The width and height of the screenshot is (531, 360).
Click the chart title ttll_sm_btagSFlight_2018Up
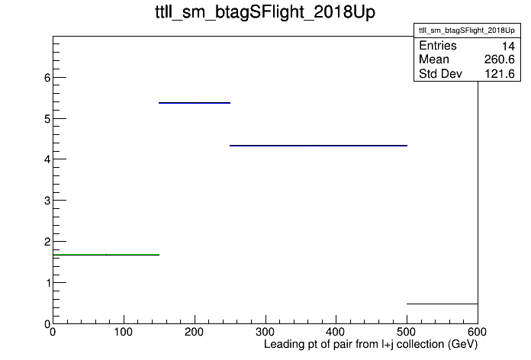(x=265, y=12)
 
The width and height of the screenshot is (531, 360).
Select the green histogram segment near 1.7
(x=106, y=254)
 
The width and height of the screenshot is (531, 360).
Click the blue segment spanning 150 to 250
(x=195, y=103)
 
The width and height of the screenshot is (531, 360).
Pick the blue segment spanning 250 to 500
(x=318, y=146)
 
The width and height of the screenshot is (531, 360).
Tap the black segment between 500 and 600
(x=443, y=304)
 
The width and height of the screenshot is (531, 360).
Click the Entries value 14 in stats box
(x=508, y=46)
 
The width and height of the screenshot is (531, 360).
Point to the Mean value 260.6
(x=499, y=59)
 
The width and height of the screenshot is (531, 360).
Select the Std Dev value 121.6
(x=500, y=74)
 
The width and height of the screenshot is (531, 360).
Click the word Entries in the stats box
(x=437, y=46)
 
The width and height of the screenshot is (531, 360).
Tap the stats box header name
(x=467, y=31)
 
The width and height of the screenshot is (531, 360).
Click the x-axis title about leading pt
(x=371, y=345)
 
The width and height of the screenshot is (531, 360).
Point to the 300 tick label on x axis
(x=265, y=332)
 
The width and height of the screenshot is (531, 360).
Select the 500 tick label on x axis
(x=407, y=332)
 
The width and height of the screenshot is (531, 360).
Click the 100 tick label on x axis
(x=124, y=332)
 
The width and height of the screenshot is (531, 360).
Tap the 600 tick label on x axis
(x=477, y=332)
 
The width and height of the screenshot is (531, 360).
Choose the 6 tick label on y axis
(x=47, y=78)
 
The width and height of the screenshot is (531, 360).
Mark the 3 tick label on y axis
(x=47, y=201)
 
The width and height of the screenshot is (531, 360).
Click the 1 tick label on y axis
(x=48, y=283)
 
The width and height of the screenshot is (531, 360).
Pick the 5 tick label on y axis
(x=47, y=119)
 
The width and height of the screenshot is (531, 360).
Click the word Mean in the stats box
(x=434, y=59)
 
